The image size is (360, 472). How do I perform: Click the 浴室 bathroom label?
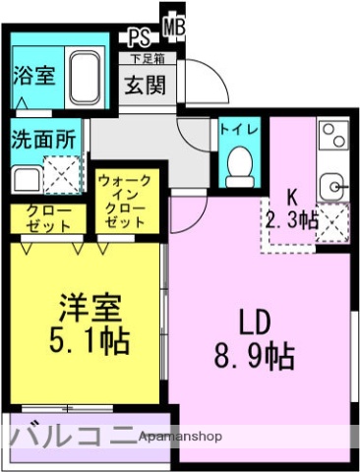(x=33, y=75)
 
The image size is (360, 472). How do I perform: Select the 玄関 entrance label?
(x=146, y=84)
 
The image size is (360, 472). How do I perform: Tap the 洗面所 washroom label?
(x=43, y=139)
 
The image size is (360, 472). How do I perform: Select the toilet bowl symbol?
(x=238, y=168)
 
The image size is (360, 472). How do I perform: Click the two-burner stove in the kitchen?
(x=331, y=136)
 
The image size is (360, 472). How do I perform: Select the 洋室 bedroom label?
(x=88, y=307)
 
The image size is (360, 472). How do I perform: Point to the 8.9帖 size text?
(x=253, y=356)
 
